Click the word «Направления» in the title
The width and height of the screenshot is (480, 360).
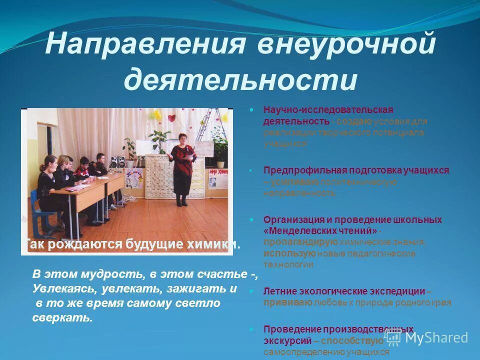[145, 46]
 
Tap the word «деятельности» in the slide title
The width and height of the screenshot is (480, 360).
[240, 79]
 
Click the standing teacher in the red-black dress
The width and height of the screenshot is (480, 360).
[180, 167]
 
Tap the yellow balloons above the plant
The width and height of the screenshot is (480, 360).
[157, 115]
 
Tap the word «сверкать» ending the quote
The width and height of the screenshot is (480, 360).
[62, 318]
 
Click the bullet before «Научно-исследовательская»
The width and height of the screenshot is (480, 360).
[252, 109]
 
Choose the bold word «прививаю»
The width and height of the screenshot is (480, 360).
[288, 302]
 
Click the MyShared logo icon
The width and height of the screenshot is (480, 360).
[393, 337]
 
